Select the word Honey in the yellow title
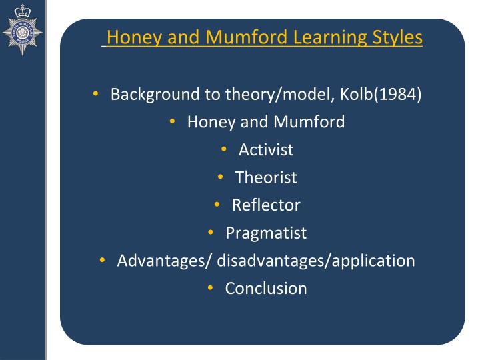tap(130, 37)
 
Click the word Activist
tap(266, 149)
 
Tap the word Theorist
tap(266, 177)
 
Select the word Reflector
tap(266, 205)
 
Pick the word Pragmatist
tap(266, 233)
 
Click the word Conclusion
tap(266, 289)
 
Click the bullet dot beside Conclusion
tap(210, 288)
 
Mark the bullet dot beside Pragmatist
tap(211, 232)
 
